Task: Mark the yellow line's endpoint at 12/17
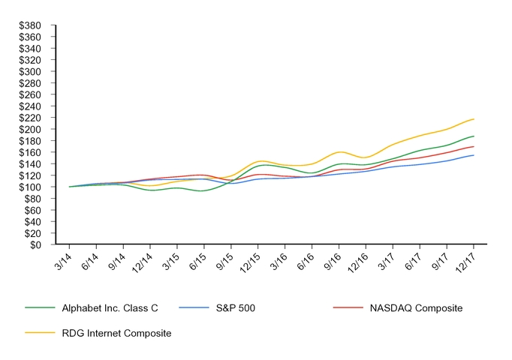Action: (x=474, y=118)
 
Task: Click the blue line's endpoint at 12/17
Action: (x=474, y=155)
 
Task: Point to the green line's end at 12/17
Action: (x=474, y=136)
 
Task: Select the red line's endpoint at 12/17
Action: (x=474, y=146)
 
